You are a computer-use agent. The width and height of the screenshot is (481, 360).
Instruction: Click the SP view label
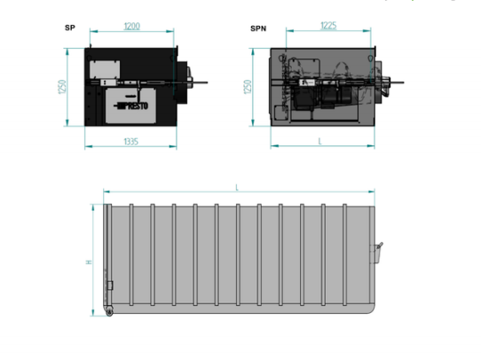[70, 27]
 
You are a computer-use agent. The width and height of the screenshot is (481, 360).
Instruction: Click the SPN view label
[258, 28]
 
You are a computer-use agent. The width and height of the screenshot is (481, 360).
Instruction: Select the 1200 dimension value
[132, 27]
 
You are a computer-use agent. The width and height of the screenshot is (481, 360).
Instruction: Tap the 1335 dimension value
[131, 142]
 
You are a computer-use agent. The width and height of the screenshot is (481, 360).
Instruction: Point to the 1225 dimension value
[328, 26]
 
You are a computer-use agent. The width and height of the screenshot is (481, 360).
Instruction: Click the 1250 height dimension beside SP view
[61, 87]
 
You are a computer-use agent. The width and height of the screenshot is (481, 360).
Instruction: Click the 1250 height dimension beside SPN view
[248, 87]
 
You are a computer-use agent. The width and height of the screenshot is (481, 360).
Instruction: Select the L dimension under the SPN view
[320, 141]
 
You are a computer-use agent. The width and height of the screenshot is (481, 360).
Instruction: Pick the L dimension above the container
[237, 187]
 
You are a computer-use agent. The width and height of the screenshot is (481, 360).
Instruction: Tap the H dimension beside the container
[89, 262]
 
